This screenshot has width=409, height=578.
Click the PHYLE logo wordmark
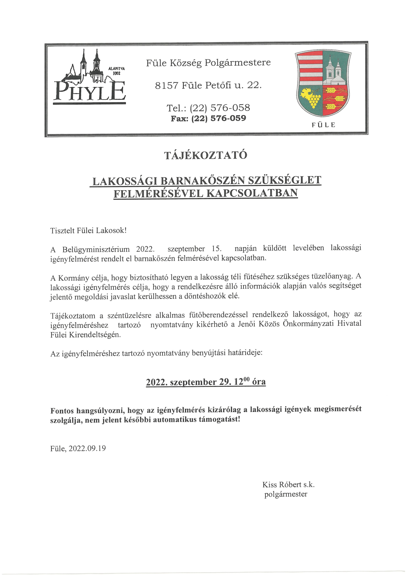(89, 91)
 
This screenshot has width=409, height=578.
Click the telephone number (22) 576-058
(220, 108)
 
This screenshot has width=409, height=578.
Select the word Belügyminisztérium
(96, 250)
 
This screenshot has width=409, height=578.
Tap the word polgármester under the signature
(286, 494)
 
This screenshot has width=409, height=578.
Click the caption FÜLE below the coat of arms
(323, 125)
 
